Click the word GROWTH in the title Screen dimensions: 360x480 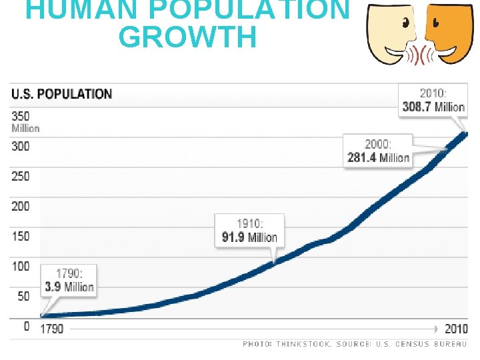[x=187, y=38]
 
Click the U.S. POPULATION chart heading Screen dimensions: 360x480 [x=61, y=94]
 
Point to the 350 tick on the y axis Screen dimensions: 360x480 [x=21, y=116]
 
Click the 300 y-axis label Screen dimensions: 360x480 [x=21, y=146]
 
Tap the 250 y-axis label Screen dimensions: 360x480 [x=21, y=176]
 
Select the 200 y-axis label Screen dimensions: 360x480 [x=21, y=206]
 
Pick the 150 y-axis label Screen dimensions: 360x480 [x=21, y=236]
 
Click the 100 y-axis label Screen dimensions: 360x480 [x=21, y=266]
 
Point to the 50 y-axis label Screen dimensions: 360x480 [x=23, y=296]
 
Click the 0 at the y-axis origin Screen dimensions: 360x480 [x=27, y=326]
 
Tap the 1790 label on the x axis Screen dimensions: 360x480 [x=52, y=329]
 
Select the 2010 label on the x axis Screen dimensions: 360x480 [x=457, y=329]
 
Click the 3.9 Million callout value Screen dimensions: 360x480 [x=69, y=287]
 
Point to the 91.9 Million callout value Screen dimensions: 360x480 [x=249, y=237]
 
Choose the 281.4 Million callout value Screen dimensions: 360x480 [x=378, y=157]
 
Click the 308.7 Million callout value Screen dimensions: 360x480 [x=433, y=107]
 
